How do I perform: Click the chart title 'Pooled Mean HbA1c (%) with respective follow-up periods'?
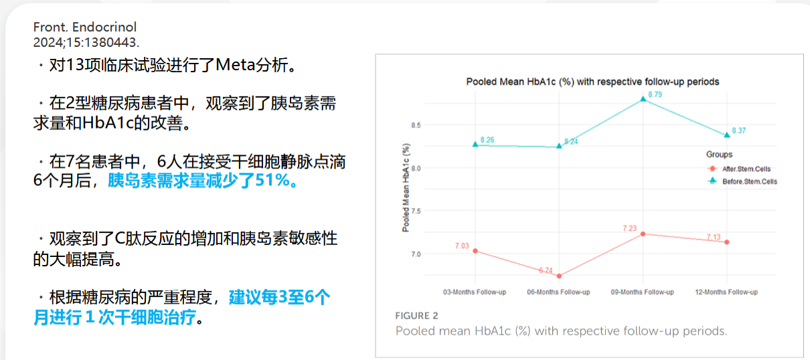[592, 82]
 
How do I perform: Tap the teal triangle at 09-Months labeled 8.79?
[643, 98]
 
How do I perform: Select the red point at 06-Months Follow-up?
[559, 276]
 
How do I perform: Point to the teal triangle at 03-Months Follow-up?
[475, 145]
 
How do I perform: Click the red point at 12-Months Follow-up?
[727, 242]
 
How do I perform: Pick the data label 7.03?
[462, 246]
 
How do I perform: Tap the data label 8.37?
[739, 130]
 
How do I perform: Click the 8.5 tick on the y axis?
[416, 125]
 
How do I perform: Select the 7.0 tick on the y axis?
[416, 254]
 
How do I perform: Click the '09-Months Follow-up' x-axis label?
[643, 292]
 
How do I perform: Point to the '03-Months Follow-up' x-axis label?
[475, 292]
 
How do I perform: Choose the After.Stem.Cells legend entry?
[739, 169]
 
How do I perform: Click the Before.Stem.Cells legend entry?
[742, 181]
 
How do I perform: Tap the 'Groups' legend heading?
[719, 155]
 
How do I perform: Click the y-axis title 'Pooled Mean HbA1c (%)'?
[406, 187]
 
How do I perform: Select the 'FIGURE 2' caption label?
[416, 316]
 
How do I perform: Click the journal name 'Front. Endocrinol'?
[85, 27]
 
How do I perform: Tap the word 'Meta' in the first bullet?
[236, 65]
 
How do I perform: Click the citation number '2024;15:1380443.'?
[86, 43]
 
